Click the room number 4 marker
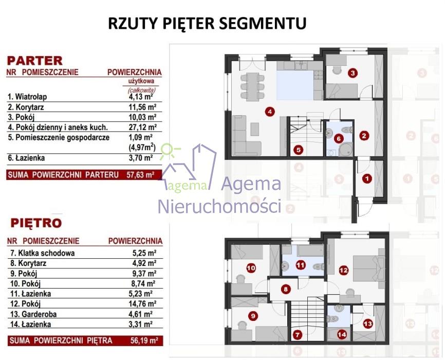[270, 112]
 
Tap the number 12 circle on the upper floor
[343, 270]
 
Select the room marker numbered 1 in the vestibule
[367, 179]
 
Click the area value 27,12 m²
[142, 127]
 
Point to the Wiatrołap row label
[27, 97]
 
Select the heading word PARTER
[34, 61]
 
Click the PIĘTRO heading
[36, 223]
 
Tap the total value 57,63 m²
[140, 174]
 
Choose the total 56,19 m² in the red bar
[144, 340]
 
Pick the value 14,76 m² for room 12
[142, 304]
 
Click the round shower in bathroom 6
[346, 150]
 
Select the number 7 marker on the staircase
[297, 335]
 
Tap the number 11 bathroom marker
[301, 265]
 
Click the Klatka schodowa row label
[43, 253]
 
